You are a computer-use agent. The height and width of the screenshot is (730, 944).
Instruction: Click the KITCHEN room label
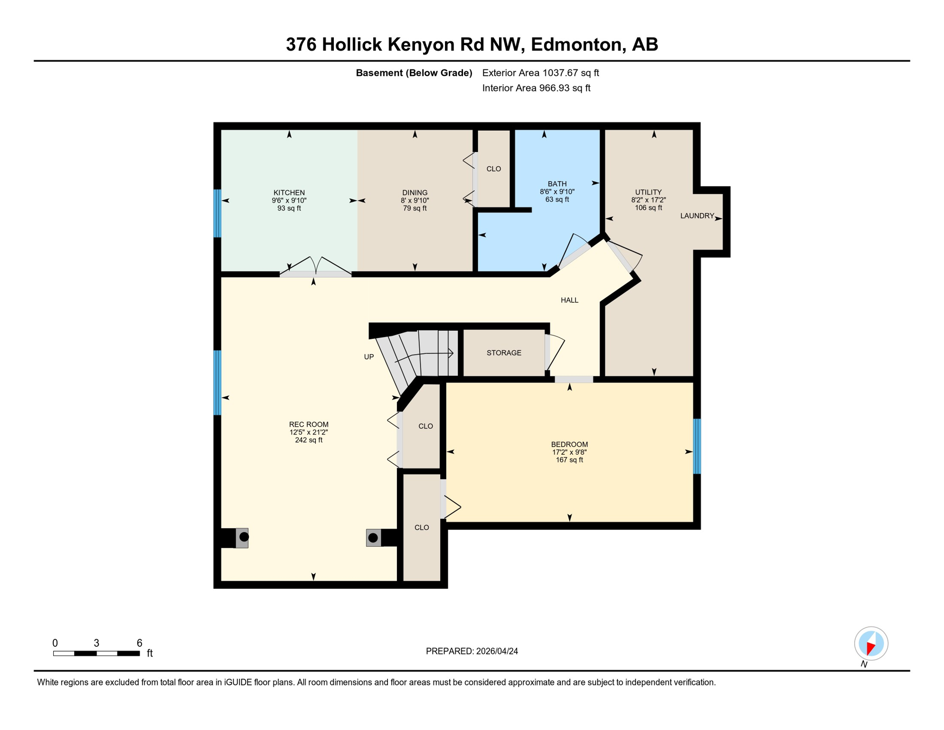[x=289, y=192]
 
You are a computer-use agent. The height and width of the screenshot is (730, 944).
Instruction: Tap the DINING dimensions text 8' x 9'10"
[x=415, y=201]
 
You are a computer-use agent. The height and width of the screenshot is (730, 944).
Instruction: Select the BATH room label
[x=557, y=184]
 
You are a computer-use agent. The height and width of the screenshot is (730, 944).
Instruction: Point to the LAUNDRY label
[x=697, y=216]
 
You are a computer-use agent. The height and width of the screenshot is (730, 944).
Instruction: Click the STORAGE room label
[x=504, y=353]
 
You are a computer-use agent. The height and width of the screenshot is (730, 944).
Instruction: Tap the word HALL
[x=569, y=300]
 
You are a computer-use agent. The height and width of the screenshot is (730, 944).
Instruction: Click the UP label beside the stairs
[x=369, y=357]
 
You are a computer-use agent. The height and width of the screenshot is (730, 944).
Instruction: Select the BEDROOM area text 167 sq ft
[x=569, y=460]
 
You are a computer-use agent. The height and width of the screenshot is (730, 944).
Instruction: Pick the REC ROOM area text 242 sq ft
[x=309, y=440]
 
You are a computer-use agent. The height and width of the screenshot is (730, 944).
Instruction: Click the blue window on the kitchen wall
[x=217, y=213]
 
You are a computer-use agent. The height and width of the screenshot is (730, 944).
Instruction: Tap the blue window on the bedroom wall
[x=697, y=446]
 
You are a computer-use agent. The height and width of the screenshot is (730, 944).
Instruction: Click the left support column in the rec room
[x=244, y=537]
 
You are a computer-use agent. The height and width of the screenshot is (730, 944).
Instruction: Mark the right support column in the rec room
[x=373, y=538]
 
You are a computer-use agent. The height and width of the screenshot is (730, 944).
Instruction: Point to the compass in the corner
[x=871, y=644]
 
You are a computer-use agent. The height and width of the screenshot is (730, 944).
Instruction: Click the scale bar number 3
[x=96, y=643]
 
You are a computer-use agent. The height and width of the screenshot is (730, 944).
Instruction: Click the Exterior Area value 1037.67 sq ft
[x=570, y=73]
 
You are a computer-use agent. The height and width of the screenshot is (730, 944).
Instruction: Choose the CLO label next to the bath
[x=493, y=169]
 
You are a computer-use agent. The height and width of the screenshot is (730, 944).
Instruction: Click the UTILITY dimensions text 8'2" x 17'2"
[x=648, y=200]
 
